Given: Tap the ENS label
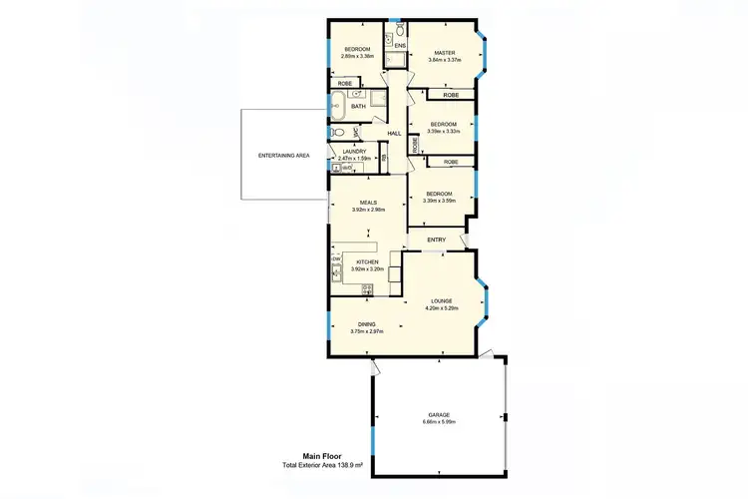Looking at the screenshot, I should point(399,47).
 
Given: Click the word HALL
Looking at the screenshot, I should point(394,133).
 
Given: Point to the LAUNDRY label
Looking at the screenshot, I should point(353,152).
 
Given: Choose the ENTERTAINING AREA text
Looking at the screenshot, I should point(284,157).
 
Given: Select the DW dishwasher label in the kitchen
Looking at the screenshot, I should point(336,258).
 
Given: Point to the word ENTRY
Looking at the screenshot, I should point(436,240).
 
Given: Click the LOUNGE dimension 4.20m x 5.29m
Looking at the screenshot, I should point(442,308).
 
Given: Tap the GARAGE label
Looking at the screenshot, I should point(440,415).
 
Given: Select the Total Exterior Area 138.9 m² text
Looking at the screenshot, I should point(321,466).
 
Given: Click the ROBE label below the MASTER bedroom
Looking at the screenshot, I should point(451,95).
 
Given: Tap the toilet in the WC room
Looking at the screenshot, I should point(337,131).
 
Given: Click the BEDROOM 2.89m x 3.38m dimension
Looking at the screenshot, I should point(358,57).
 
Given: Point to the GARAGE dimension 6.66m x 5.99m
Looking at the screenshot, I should point(440,422).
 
